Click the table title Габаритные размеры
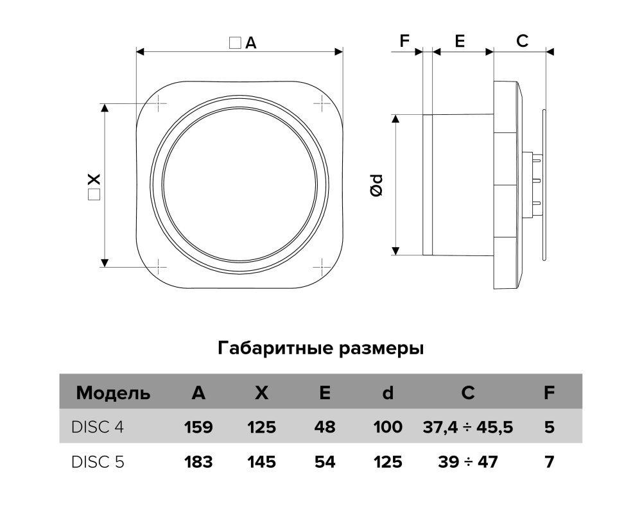[320, 348]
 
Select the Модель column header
[113, 393]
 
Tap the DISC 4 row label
[98, 427]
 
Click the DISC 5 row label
[98, 462]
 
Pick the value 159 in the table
[198, 427]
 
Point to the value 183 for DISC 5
[198, 462]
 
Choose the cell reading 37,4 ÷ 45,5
[467, 427]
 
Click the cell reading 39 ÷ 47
[467, 462]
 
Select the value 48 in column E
[325, 427]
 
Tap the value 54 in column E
[325, 462]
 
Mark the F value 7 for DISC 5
[549, 462]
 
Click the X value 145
[262, 462]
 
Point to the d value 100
[388, 427]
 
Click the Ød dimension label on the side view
[376, 185]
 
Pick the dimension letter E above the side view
[460, 41]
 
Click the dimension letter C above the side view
[522, 41]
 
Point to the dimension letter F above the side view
[404, 41]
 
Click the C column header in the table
[467, 393]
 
